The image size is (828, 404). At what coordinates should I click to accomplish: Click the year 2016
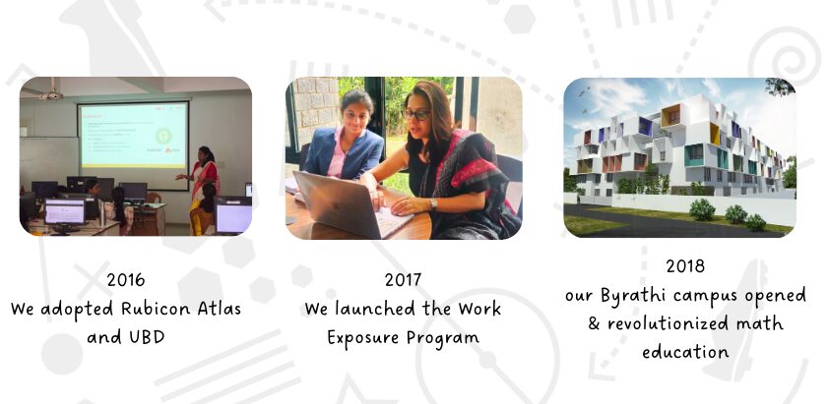pos(126,279)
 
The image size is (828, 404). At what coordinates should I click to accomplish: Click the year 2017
pos(403,279)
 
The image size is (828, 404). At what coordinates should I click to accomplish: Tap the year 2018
pos(685,265)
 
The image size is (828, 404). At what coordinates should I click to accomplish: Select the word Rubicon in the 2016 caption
pos(156,308)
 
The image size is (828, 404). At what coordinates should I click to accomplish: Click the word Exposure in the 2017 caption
pos(364,337)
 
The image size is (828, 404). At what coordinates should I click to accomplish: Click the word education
pos(685,351)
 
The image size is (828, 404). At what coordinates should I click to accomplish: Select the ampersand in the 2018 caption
pos(594,323)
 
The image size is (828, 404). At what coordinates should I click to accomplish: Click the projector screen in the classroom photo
pos(133,136)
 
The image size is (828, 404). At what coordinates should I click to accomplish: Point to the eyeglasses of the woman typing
pos(416,114)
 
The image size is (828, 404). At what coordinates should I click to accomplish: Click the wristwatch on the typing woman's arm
pos(433,204)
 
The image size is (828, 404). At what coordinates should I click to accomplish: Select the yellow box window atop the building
pos(670,116)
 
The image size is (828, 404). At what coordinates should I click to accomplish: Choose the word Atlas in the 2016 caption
pos(220,308)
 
